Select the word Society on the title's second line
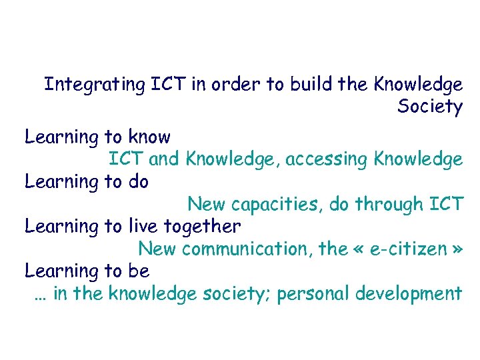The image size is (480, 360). [430, 107]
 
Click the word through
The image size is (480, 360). [389, 204]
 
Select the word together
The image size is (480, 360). [199, 227]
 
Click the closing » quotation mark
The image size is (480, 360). [457, 250]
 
